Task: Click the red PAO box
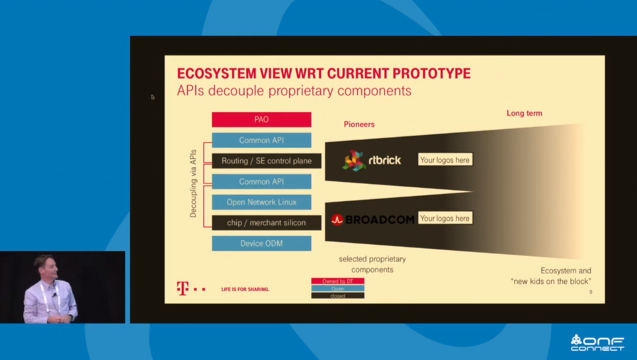(261, 120)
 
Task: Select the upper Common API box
(261, 140)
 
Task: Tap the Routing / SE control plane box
(267, 161)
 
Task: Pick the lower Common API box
(261, 181)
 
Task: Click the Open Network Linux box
(261, 202)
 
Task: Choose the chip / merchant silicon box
(267, 222)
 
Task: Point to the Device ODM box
(261, 244)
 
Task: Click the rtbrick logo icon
(354, 160)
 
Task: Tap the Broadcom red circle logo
(337, 220)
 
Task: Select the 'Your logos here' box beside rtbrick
(445, 159)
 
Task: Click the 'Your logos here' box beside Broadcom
(445, 218)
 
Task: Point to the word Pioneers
(359, 124)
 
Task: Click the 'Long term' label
(524, 113)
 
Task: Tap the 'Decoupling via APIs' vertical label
(193, 183)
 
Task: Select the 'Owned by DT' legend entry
(337, 281)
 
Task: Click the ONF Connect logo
(597, 343)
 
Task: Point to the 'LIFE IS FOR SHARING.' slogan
(245, 289)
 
